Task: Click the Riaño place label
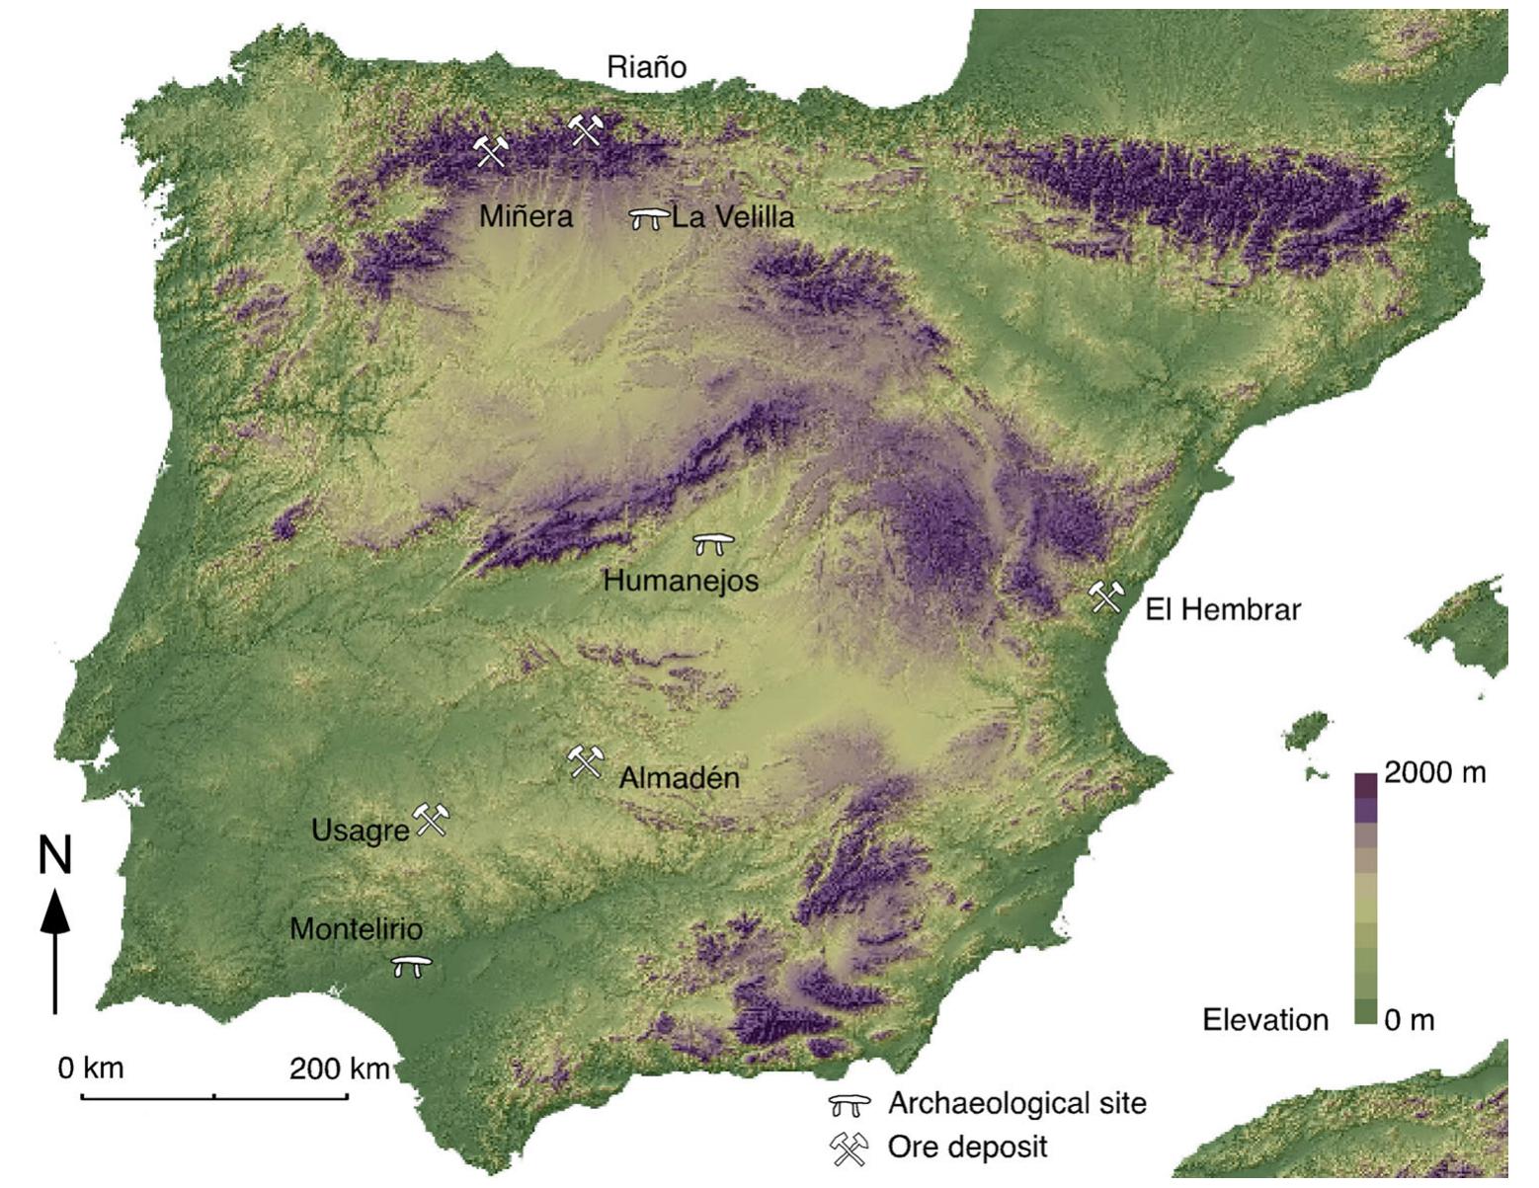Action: coord(646,67)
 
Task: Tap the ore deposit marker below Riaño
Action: coord(586,129)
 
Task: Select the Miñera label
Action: coord(526,216)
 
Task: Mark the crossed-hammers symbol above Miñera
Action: coord(490,151)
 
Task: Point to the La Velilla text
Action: coord(733,217)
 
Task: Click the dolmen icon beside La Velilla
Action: coord(649,218)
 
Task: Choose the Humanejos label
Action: coord(681,580)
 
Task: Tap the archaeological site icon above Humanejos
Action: coord(713,543)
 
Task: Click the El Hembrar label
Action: coord(1223,609)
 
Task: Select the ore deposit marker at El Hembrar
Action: coord(1105,596)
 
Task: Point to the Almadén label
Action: coord(679,778)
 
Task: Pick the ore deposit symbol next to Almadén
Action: coord(584,761)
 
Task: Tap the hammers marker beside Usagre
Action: coord(431,820)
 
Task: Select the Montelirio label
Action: coord(356,929)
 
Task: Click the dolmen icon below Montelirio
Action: coord(411,966)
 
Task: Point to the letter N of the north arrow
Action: coord(55,855)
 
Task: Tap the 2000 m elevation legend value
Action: coord(1434,772)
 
